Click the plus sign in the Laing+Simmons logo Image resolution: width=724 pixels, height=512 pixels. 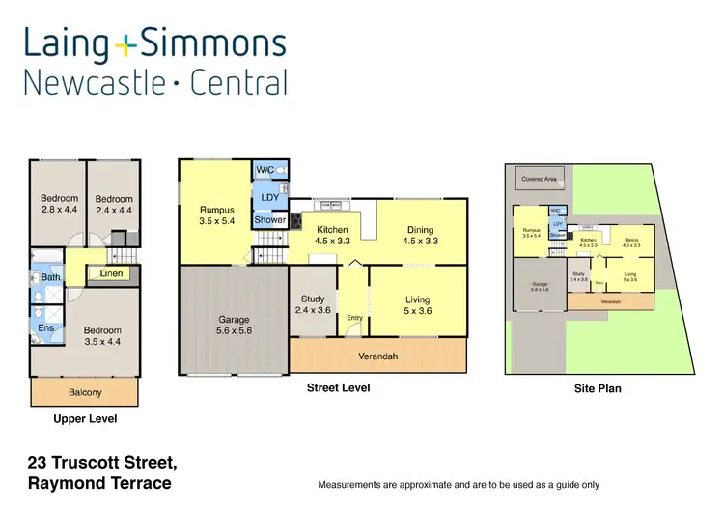(x=127, y=44)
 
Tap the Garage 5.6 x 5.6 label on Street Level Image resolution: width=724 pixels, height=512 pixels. (x=234, y=325)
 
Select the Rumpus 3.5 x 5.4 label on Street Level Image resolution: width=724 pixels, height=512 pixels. (x=216, y=214)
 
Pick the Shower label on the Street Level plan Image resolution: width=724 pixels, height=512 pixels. (x=269, y=219)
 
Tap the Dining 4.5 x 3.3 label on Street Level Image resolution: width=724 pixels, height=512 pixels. (x=420, y=235)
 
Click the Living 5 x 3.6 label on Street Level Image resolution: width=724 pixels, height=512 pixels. (x=417, y=305)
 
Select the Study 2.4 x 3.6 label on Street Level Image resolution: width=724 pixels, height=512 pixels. (x=313, y=304)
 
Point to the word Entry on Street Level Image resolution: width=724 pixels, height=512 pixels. (x=354, y=318)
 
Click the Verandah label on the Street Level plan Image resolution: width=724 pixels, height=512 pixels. (x=378, y=356)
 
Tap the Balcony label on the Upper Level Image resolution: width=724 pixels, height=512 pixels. (x=85, y=392)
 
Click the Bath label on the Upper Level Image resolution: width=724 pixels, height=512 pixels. (x=51, y=277)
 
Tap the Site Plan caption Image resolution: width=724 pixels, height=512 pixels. (x=597, y=388)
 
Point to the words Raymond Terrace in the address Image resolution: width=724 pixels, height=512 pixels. (x=99, y=482)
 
